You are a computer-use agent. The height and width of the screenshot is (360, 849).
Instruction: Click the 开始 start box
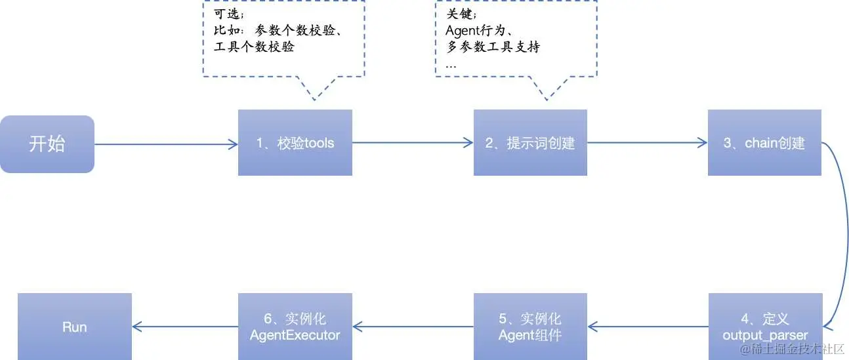coord(47,144)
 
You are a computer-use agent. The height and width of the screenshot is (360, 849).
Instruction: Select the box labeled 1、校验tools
coord(295,143)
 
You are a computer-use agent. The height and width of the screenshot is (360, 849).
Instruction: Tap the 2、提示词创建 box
coord(530,143)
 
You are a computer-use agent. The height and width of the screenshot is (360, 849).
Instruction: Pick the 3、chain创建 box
coord(764,143)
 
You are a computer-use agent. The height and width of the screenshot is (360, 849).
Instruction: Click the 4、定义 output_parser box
coord(765,327)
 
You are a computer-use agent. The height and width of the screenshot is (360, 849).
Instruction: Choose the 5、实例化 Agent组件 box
coord(530,327)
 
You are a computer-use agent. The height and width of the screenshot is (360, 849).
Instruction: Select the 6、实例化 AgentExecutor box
coord(295,327)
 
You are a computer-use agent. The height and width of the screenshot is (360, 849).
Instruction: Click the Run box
coord(74,327)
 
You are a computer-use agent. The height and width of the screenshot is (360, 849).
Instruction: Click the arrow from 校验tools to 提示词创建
coord(413,143)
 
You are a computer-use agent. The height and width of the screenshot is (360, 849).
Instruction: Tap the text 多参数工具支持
coord(493,47)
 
